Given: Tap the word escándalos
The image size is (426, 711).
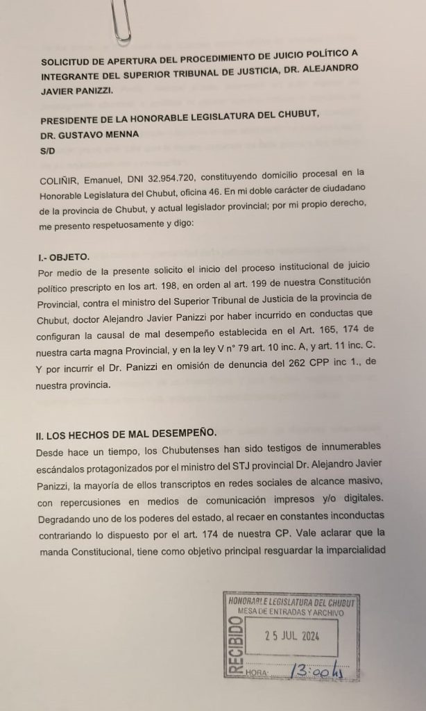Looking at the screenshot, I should (64, 468).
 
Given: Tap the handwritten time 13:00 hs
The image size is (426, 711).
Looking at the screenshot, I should (316, 671).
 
